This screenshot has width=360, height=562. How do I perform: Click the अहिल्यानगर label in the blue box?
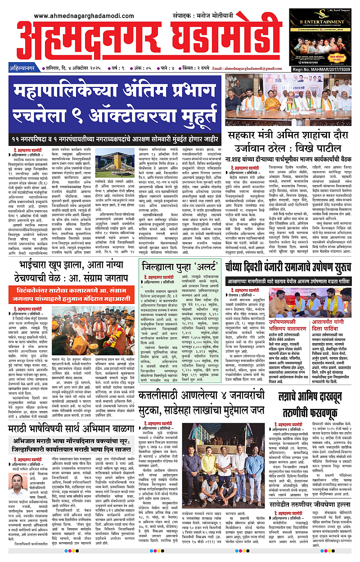point(22,69)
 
